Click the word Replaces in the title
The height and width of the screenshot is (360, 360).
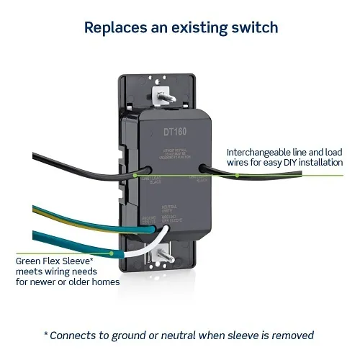116,28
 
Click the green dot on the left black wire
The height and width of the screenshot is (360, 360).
135,174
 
